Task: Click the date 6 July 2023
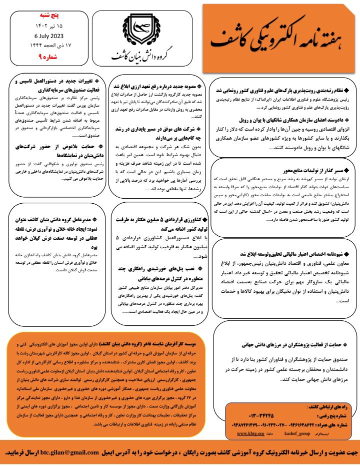click(x=50, y=37)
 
